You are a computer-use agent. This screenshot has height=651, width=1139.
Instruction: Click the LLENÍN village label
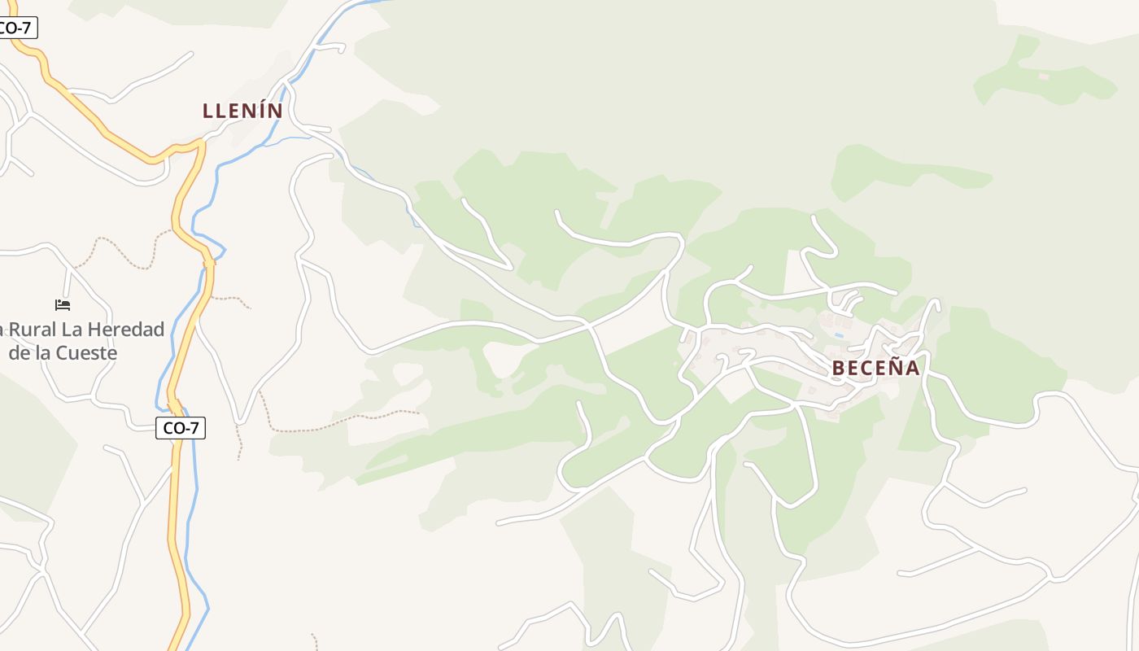click(x=242, y=111)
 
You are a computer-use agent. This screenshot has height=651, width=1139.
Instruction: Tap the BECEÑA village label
click(x=875, y=369)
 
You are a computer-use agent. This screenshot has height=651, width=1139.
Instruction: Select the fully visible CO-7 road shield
click(x=181, y=428)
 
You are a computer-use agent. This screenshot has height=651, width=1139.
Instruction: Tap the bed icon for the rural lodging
click(x=63, y=305)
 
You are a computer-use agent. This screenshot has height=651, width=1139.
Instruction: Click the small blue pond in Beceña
click(x=839, y=334)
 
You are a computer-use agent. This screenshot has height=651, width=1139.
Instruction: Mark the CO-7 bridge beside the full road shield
click(x=173, y=404)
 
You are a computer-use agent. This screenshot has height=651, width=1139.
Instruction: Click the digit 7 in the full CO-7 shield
click(x=194, y=428)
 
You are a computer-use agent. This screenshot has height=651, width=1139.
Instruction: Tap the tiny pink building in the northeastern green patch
click(x=1043, y=76)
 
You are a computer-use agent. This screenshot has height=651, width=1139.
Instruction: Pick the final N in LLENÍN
click(x=275, y=111)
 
